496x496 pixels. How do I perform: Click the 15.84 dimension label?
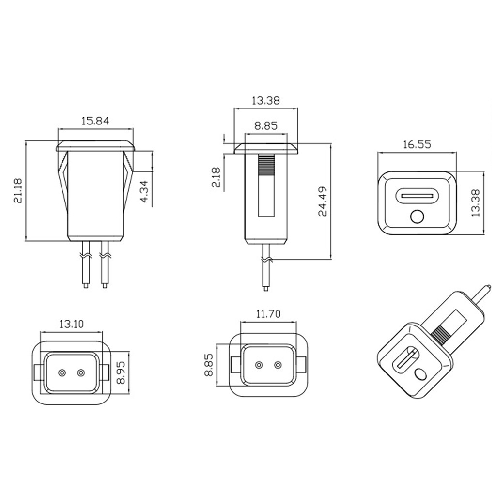click(x=95, y=121)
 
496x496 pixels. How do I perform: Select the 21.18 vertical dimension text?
click(x=18, y=191)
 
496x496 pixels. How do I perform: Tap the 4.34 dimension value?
click(x=144, y=191)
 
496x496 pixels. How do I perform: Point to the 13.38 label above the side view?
click(x=266, y=101)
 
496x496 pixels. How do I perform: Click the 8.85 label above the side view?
click(x=266, y=126)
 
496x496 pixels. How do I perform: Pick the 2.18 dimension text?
click(x=216, y=177)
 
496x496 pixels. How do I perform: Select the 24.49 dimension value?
click(x=322, y=201)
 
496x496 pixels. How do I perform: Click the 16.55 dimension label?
click(x=417, y=144)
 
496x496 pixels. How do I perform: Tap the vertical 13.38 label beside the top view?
click(x=476, y=203)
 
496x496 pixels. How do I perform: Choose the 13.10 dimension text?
click(x=72, y=324)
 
